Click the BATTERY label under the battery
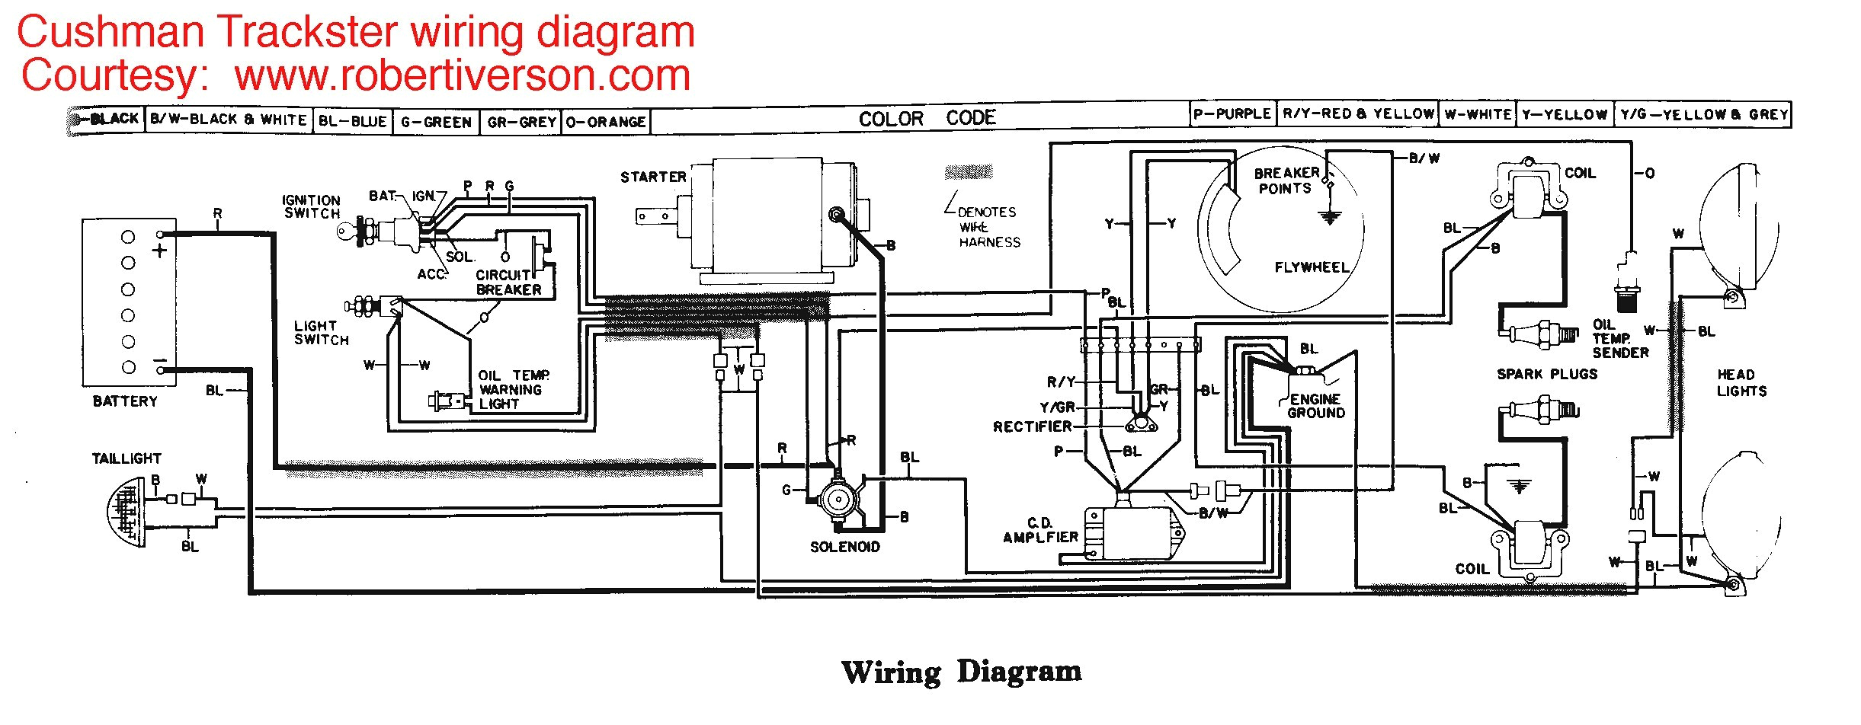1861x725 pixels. click(x=125, y=401)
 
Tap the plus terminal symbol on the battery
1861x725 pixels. click(x=159, y=250)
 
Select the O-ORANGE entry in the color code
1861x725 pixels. click(x=606, y=122)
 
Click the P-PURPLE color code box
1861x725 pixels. click(x=1232, y=114)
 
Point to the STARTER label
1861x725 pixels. click(x=653, y=177)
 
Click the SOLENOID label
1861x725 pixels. click(x=844, y=547)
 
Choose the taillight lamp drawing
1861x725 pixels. click(x=126, y=511)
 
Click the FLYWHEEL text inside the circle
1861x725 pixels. click(x=1312, y=267)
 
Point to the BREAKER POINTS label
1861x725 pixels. click(x=1286, y=180)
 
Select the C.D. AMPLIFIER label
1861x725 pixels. click(x=1040, y=530)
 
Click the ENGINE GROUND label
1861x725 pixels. click(x=1316, y=406)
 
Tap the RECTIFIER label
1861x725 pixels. click(x=1032, y=426)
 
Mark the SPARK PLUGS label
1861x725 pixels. click(x=1547, y=374)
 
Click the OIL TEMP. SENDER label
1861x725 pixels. click(x=1619, y=339)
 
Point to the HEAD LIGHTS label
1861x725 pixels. click(x=1741, y=383)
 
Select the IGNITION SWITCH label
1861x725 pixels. click(x=311, y=206)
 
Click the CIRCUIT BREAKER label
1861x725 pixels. click(x=508, y=283)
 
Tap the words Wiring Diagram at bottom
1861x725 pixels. click(x=961, y=672)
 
